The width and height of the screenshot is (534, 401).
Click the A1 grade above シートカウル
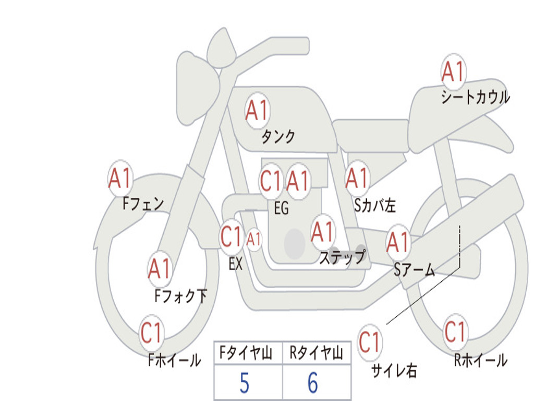(453, 72)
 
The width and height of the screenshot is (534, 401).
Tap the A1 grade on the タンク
(257, 110)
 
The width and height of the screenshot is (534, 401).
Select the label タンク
(278, 137)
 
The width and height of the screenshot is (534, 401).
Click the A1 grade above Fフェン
(120, 179)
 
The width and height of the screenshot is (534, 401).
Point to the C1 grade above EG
(271, 181)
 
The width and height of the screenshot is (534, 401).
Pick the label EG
(281, 209)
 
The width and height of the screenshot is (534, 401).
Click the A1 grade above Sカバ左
(357, 178)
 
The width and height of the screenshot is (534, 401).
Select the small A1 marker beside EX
(254, 240)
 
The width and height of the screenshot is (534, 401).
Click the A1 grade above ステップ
(322, 232)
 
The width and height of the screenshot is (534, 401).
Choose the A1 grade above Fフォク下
(160, 269)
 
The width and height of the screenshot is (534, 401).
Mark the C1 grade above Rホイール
(455, 331)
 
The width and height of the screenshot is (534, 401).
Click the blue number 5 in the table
(244, 383)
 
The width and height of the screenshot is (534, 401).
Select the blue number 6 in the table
(313, 383)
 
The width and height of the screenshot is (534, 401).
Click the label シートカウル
(475, 97)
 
